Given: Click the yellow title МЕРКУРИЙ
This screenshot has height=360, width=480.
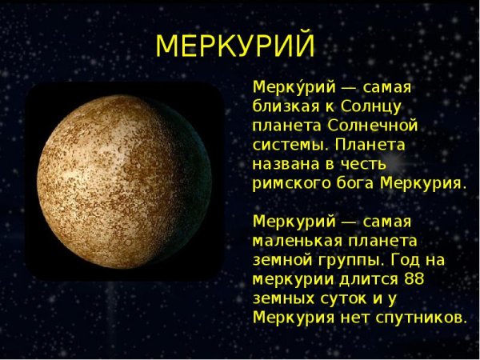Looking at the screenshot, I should tap(235, 46).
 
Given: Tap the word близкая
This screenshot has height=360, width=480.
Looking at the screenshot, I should tap(287, 106).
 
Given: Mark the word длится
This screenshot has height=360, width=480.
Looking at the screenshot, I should tap(360, 279).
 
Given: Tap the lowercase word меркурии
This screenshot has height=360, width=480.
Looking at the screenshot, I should tap(289, 279).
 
